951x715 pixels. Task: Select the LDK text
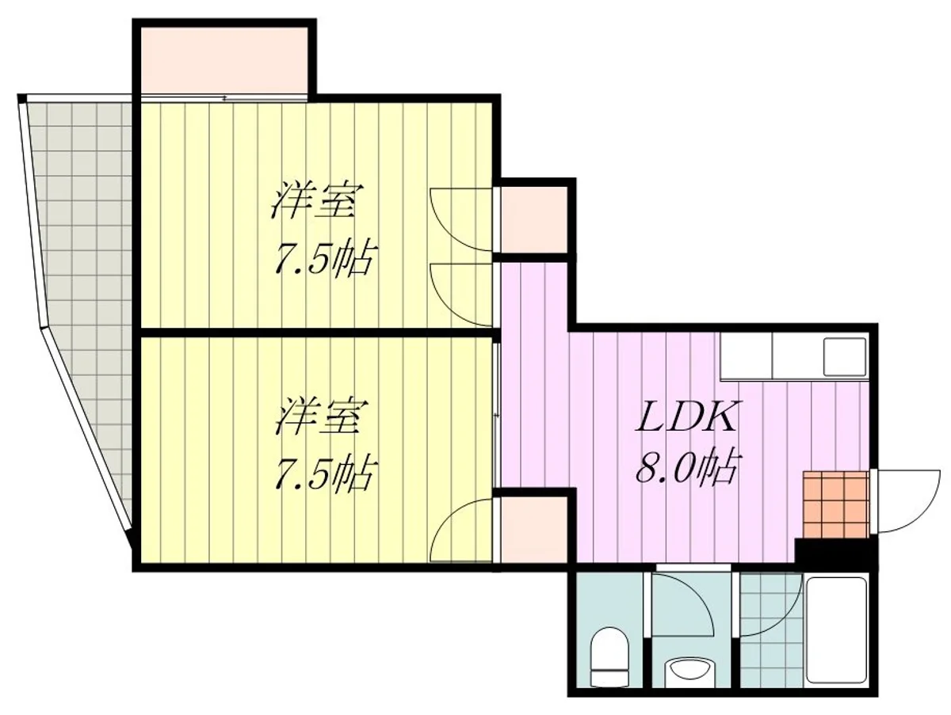coord(686,416)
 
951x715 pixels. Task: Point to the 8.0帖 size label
coord(686,468)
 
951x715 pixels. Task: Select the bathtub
coord(836,632)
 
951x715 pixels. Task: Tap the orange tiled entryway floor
coord(836,504)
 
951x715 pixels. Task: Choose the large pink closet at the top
coord(224,61)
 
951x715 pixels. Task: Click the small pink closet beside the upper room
coord(534,220)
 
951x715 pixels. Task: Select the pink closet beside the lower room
coord(534,530)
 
